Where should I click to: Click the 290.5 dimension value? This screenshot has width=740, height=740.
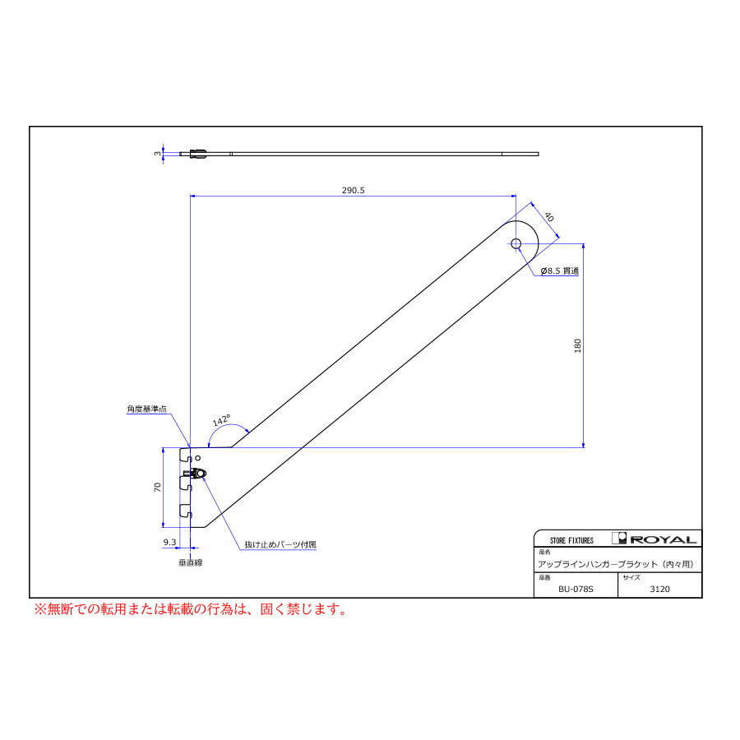353,190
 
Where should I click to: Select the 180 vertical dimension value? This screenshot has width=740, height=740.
578,345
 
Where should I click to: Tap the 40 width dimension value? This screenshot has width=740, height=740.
549,217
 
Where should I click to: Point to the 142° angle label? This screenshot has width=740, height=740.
221,420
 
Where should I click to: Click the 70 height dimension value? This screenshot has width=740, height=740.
158,487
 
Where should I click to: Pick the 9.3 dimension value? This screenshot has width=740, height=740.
169,543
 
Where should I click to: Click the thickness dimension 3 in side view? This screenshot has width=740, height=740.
157,154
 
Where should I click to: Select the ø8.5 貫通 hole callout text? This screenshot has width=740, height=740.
560,271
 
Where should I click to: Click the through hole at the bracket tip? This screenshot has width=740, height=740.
516,243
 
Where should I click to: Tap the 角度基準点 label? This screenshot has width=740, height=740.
147,409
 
